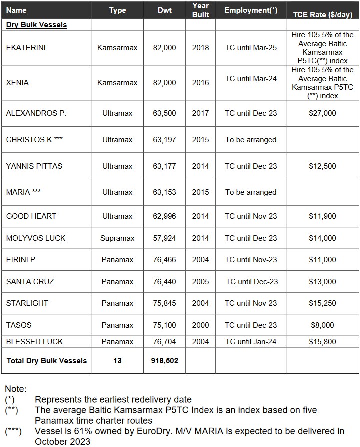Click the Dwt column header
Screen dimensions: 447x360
pos(164,10)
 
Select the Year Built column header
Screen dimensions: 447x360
pos(200,10)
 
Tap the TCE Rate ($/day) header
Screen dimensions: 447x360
pos(322,14)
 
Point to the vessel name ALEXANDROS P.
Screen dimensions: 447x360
pos(36,113)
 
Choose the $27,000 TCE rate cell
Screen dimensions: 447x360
pos(322,113)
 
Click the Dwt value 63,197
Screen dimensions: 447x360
pos(164,140)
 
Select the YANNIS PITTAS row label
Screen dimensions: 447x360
pos(34,166)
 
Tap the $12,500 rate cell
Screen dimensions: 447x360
pos(322,166)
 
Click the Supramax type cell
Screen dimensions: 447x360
pos(117,238)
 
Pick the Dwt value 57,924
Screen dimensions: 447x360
pos(164,238)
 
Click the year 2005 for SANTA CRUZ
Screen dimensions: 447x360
pos(200,282)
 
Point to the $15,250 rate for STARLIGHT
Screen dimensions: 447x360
pos(322,303)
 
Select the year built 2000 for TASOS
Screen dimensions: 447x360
pos(200,325)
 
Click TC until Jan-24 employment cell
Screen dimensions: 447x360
pos(251,342)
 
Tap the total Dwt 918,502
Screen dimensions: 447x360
pos(164,361)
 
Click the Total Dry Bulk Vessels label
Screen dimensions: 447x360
pos(46,361)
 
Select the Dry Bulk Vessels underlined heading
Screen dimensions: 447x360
pos(36,24)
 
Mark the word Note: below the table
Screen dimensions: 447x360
pos(16,389)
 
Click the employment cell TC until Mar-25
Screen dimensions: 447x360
pos(251,48)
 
